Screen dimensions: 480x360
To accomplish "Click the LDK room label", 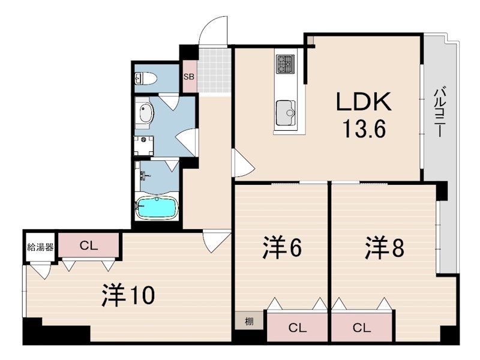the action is tap(364, 101).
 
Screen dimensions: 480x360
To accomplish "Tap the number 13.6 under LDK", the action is tap(364, 128).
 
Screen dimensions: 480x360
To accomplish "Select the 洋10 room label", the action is tap(128, 295).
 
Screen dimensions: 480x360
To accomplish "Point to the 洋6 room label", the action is tap(282, 247).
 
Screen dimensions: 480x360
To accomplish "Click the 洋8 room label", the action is tap(385, 247).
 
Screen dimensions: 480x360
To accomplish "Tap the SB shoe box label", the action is tap(189, 77).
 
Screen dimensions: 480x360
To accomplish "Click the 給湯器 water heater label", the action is tap(40, 247).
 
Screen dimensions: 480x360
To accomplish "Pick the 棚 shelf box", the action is tap(249, 322).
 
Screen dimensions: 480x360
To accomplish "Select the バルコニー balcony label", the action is tap(439, 112).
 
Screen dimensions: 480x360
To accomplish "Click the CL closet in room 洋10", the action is tap(89, 245).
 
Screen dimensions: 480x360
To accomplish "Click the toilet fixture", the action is tap(146, 79).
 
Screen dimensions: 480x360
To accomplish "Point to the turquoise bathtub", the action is tap(157, 208).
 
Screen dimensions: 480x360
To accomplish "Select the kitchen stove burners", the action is tap(286, 64).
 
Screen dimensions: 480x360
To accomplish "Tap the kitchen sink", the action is tap(286, 113).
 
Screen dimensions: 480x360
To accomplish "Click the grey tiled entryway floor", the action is tap(214, 70).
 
